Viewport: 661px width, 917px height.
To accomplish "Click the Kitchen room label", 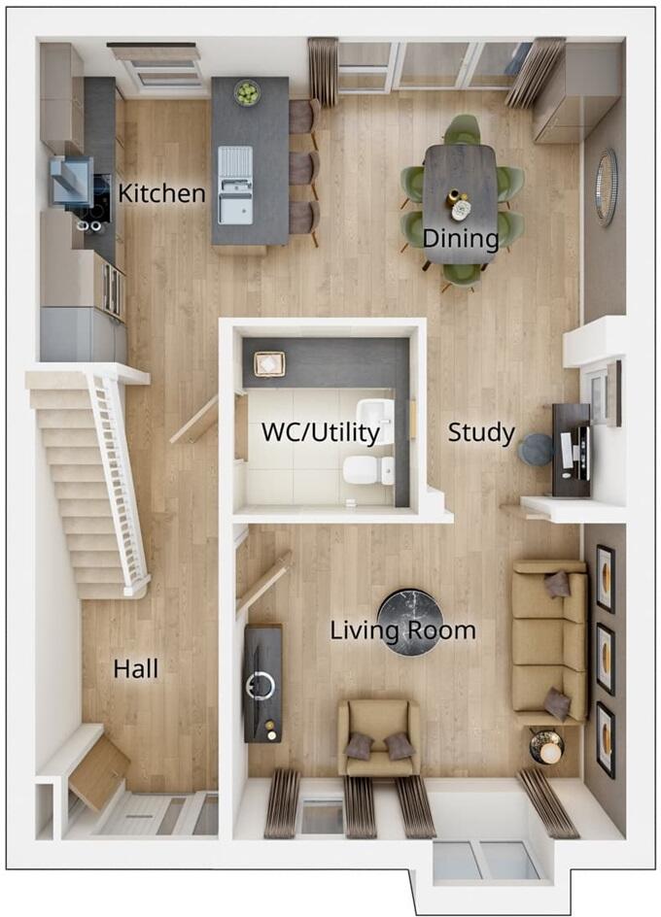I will (x=161, y=193).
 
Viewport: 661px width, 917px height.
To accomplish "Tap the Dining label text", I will (x=460, y=237).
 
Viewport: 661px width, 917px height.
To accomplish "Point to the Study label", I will (x=481, y=433).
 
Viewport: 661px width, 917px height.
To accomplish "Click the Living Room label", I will (x=402, y=630).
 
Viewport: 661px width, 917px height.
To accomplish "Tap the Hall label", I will (x=135, y=668).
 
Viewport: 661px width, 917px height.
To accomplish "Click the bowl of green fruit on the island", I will (x=248, y=93).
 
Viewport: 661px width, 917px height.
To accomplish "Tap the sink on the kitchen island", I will (x=234, y=185).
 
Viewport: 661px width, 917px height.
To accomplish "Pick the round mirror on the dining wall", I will (x=607, y=187).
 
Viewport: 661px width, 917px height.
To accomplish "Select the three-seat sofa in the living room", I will (x=550, y=639).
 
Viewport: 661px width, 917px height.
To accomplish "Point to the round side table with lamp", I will (x=547, y=747).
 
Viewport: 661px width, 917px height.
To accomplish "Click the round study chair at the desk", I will (x=535, y=450).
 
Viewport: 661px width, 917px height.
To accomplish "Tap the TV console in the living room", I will (x=263, y=683).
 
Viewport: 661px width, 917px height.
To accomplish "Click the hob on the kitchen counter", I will (x=95, y=200).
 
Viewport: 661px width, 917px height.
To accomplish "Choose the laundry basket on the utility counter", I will (x=268, y=364).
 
